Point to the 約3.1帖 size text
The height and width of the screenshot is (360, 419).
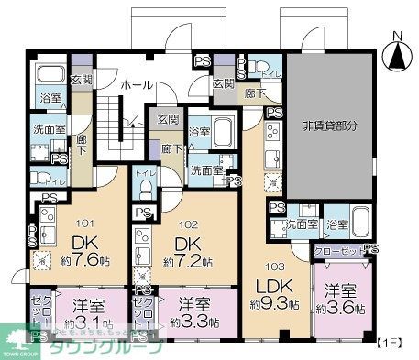[x=83, y=322]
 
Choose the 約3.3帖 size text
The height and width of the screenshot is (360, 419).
[x=195, y=322]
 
